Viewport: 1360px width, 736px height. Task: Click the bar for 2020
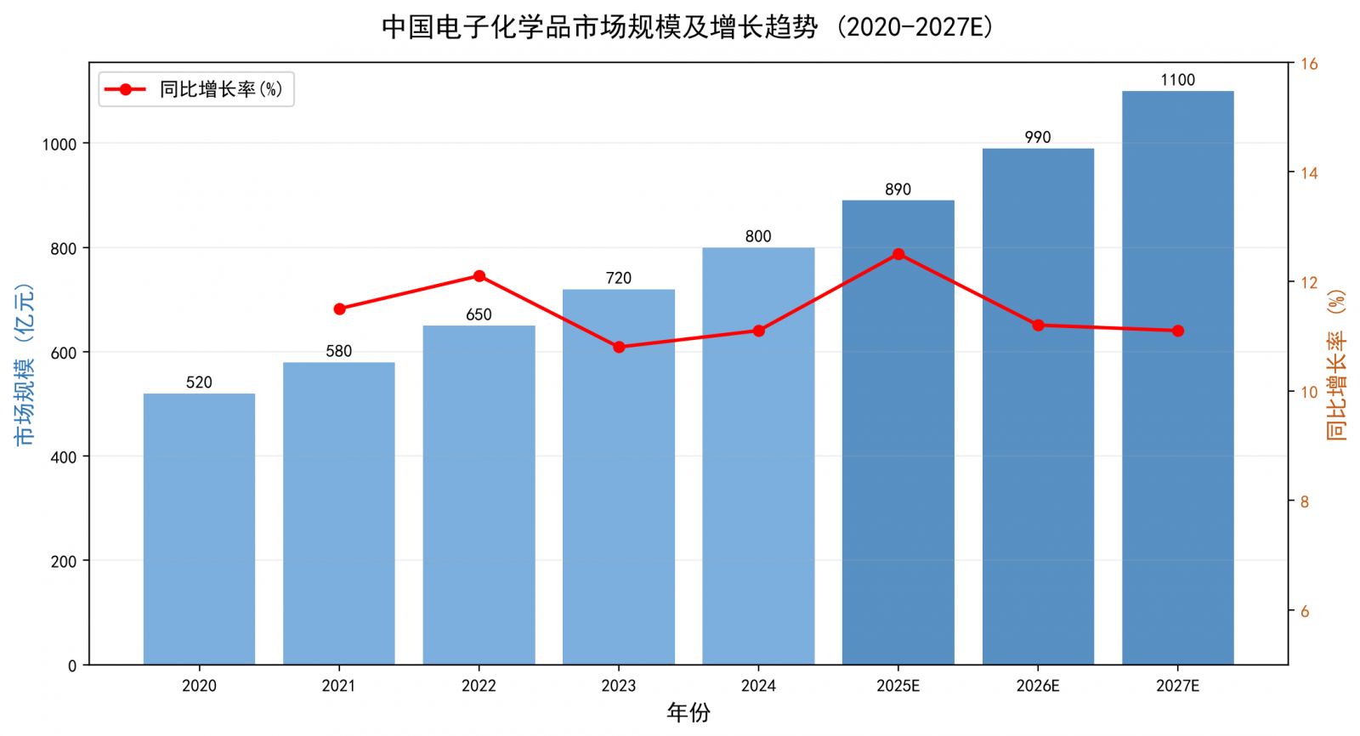(x=199, y=529)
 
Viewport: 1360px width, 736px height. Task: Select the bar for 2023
(x=619, y=477)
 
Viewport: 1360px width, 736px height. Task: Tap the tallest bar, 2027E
(x=1178, y=377)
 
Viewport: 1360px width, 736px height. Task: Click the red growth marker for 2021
(x=339, y=309)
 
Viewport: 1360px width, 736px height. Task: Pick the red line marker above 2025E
(x=898, y=254)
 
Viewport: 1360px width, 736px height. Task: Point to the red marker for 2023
(x=619, y=347)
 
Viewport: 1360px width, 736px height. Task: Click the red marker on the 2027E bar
(x=1178, y=331)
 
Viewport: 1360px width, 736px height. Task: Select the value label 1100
(x=1178, y=80)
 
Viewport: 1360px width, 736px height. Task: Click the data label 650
(x=479, y=314)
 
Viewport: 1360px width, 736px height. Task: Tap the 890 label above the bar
(x=898, y=190)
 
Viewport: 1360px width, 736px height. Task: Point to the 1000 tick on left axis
(x=59, y=144)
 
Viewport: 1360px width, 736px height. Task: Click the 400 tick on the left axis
(x=64, y=457)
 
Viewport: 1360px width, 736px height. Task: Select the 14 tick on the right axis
(x=1309, y=173)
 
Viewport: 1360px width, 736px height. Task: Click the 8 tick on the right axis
(x=1304, y=502)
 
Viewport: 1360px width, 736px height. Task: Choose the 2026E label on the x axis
(x=1038, y=686)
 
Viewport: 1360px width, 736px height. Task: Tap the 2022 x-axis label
(x=479, y=686)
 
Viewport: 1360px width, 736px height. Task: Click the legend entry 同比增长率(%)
(x=221, y=89)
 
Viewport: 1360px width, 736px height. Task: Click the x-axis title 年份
(x=688, y=712)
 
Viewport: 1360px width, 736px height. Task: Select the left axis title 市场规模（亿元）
(x=25, y=365)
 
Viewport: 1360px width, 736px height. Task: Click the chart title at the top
(x=688, y=27)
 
